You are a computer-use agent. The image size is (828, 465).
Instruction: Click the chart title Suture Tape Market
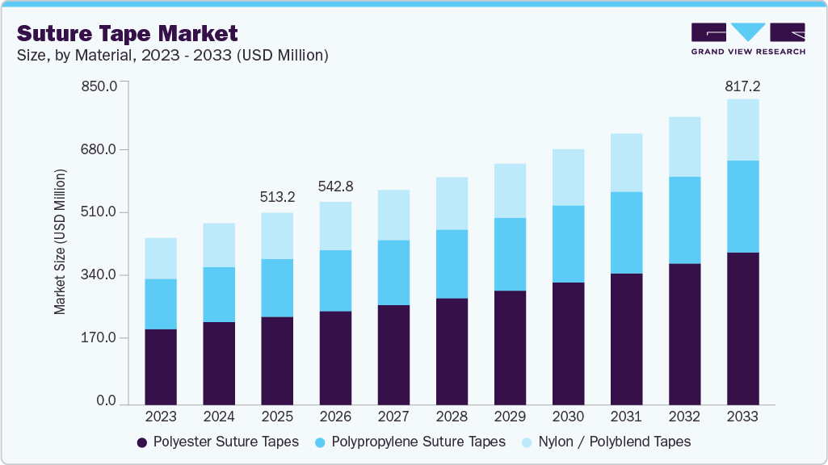click(128, 33)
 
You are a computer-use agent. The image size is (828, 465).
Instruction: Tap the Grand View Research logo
click(747, 39)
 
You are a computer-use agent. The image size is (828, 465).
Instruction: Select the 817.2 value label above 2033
click(742, 86)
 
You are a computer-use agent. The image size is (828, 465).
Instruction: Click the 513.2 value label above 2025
click(277, 197)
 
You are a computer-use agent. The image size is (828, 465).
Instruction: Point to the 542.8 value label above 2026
click(335, 186)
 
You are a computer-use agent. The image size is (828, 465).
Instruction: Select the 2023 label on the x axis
click(161, 417)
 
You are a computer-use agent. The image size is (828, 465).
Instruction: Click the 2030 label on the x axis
click(568, 417)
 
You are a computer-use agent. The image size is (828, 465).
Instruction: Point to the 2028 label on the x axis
click(452, 417)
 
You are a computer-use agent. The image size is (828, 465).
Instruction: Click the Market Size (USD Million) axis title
click(61, 242)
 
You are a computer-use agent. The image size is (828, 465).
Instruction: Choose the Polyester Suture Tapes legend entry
click(217, 442)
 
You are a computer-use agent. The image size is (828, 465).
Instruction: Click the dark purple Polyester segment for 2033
click(742, 328)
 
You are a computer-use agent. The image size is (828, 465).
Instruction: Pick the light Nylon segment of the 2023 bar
click(161, 258)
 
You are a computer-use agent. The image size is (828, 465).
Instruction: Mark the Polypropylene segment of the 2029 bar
click(510, 254)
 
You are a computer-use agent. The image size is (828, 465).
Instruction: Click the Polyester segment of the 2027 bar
click(393, 354)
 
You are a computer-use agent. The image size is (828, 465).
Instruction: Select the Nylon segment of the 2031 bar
click(626, 162)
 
